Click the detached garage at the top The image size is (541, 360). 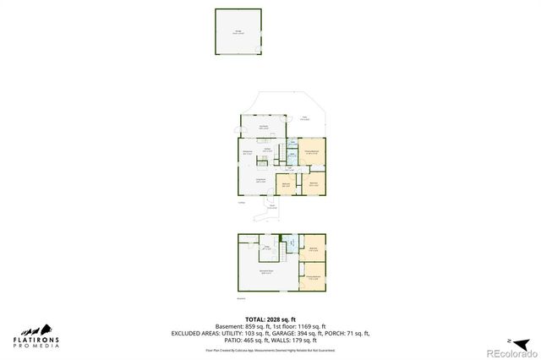tap(238, 32)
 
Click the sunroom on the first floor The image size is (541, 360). tap(263, 127)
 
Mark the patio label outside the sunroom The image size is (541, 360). tap(305, 119)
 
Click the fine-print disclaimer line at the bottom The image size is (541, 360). tap(270, 348)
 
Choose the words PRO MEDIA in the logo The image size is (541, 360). tap(36, 346)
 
